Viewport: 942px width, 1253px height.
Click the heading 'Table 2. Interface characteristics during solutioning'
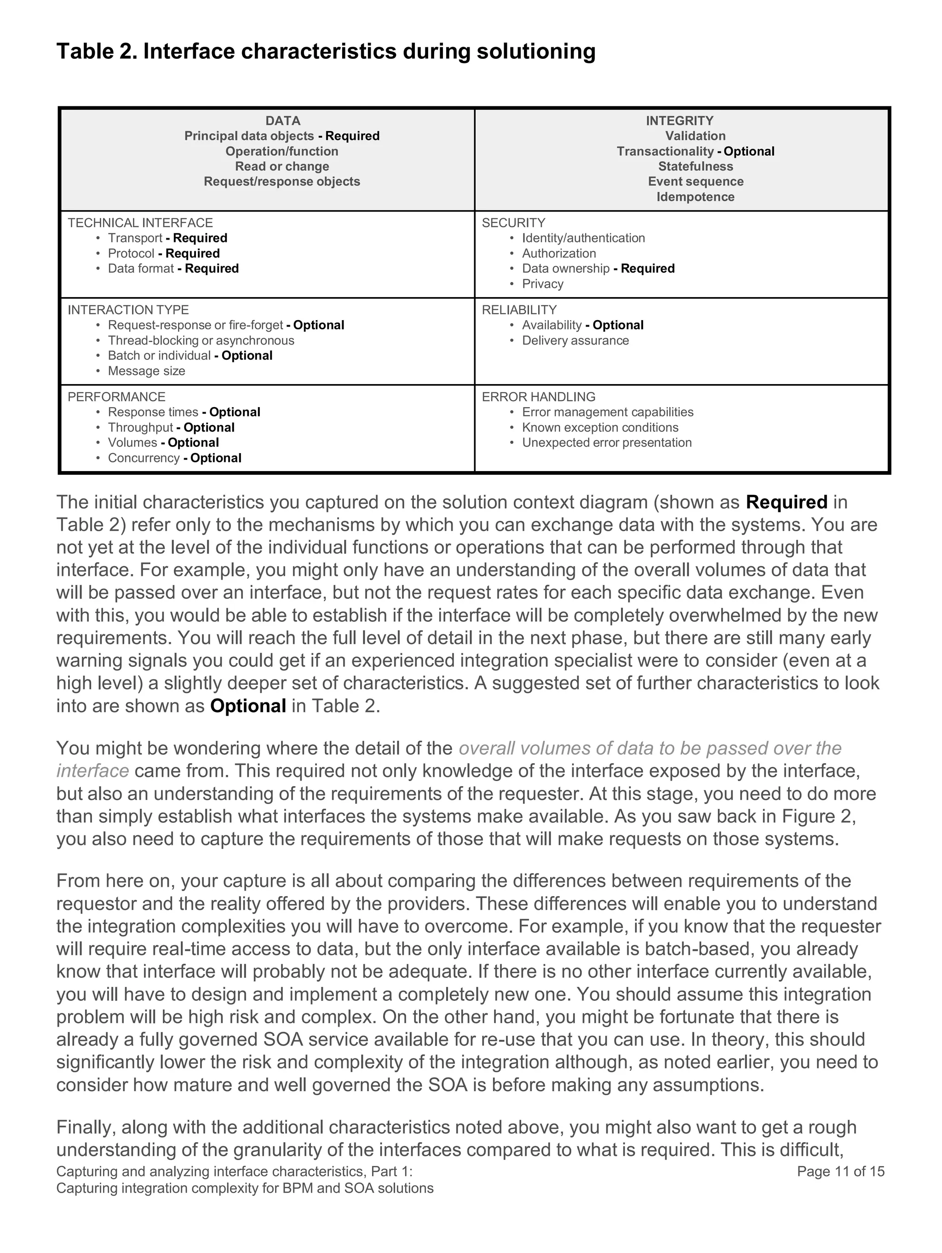[326, 52]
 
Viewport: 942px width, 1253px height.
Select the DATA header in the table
[283, 121]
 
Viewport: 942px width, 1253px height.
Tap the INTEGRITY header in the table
[679, 121]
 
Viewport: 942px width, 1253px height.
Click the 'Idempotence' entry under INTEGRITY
[695, 197]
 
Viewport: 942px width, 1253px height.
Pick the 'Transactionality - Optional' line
[695, 151]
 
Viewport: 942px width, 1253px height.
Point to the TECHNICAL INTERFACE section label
[140, 223]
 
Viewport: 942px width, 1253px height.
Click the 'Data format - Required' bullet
[173, 269]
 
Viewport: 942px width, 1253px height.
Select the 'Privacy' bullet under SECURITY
[542, 284]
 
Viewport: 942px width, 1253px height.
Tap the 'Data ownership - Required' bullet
[597, 269]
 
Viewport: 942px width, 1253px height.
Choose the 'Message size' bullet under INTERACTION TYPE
[146, 371]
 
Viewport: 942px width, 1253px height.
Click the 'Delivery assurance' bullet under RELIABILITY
[575, 340]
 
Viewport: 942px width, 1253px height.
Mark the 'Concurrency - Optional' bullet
[174, 458]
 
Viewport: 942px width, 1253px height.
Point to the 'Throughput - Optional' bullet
[171, 428]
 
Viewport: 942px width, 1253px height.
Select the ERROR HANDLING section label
[538, 397]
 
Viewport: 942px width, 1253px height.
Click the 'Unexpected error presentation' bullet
[606, 443]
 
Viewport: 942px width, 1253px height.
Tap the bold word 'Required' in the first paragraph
[786, 502]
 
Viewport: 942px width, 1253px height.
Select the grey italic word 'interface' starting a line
[92, 771]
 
